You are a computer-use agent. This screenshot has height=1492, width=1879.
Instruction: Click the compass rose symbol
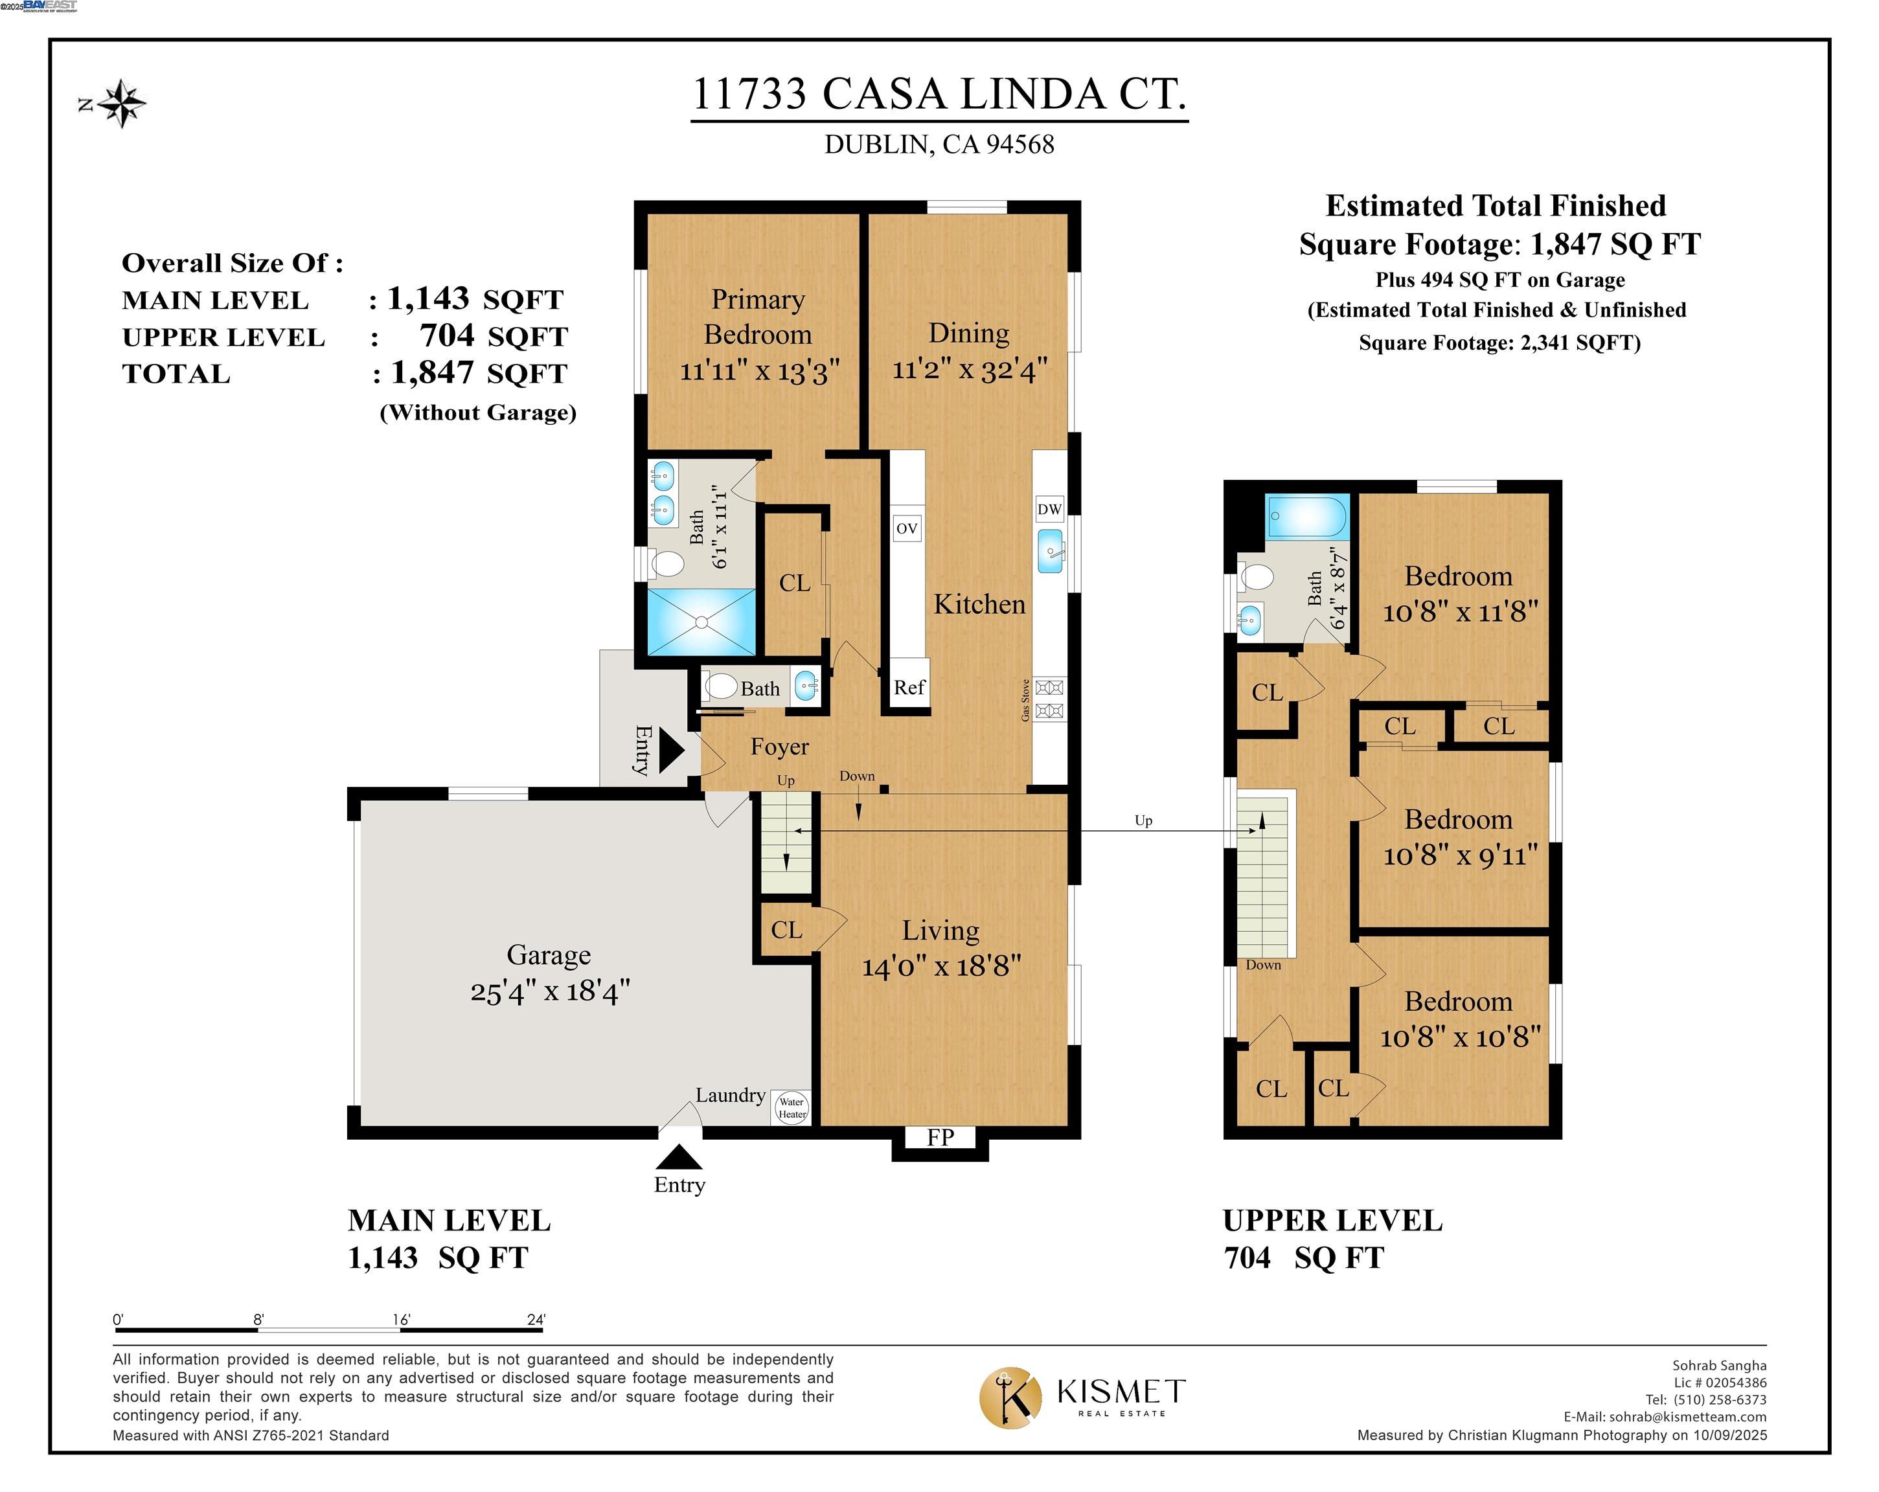click(121, 104)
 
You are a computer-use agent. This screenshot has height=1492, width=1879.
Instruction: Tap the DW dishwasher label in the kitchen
click(1049, 509)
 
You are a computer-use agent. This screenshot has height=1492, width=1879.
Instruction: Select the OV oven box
click(906, 528)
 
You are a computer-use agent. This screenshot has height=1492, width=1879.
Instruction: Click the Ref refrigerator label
click(909, 686)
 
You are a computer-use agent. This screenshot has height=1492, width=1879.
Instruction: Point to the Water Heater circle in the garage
click(791, 1108)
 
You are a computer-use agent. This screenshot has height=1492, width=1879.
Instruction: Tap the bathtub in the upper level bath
click(1307, 517)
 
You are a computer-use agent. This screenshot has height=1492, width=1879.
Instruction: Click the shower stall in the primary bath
click(701, 622)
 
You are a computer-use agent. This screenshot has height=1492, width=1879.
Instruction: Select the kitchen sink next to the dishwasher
click(1050, 551)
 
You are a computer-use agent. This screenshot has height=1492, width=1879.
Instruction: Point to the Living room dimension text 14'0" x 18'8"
click(941, 966)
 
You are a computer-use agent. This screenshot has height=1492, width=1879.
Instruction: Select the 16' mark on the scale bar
click(401, 1320)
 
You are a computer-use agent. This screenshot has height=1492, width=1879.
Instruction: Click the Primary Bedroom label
click(757, 317)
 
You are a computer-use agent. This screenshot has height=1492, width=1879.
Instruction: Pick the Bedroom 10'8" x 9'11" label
click(1459, 837)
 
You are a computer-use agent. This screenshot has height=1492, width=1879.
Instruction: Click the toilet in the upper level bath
click(1256, 576)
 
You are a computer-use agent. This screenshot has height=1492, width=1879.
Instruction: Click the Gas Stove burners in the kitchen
click(1049, 699)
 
